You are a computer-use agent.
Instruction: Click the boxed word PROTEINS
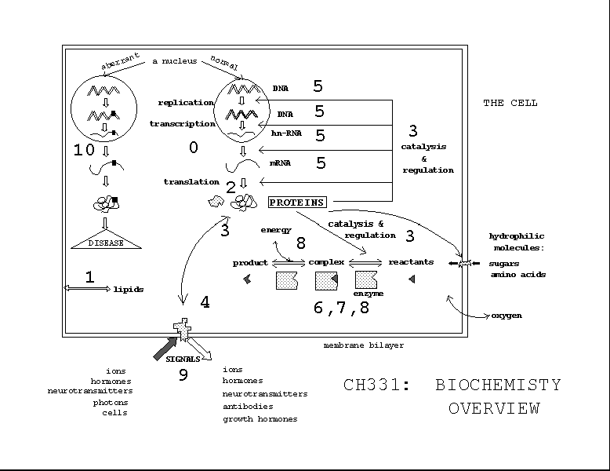297,203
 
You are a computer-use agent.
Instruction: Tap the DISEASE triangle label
107,243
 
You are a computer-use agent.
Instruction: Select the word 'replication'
186,103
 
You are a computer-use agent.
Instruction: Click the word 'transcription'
182,124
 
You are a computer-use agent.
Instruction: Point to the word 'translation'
191,182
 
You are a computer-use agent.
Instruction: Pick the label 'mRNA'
285,165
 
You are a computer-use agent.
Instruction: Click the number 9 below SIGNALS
183,375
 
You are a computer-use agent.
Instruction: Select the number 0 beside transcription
194,147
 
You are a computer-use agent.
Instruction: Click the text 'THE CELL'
510,103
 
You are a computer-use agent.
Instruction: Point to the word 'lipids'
129,290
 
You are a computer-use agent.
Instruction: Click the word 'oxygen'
507,316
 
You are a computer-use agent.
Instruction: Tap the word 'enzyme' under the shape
369,294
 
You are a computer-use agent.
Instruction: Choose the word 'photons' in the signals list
111,402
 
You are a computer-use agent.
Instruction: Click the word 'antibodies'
248,407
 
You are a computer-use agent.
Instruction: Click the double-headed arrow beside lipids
87,290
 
